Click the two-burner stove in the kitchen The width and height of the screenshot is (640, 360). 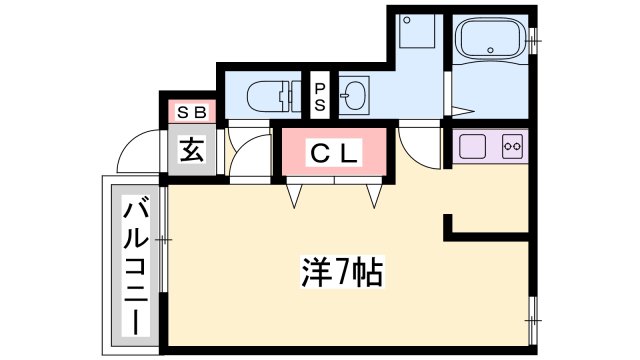512,147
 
